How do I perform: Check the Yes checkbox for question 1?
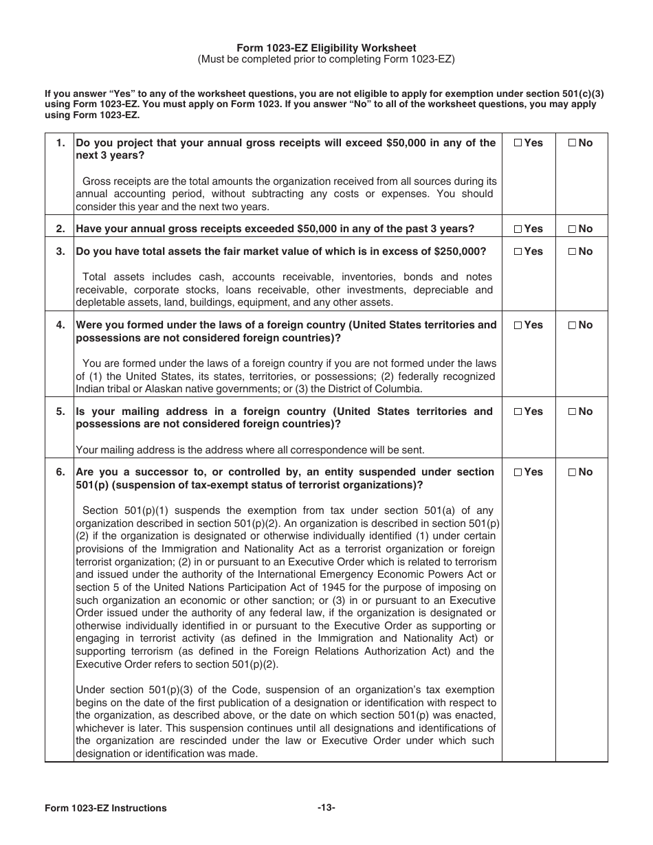click(518, 143)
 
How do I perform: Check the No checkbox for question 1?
click(572, 143)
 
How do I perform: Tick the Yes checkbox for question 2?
click(518, 229)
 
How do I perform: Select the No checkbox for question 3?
click(572, 251)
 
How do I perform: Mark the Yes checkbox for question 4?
click(518, 325)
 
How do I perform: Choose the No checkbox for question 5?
click(572, 412)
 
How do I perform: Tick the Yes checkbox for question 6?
click(518, 472)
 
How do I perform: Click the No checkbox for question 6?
click(572, 472)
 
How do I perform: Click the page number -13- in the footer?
click(326, 808)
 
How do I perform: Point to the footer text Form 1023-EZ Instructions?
click(106, 808)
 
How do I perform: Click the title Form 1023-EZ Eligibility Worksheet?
click(326, 48)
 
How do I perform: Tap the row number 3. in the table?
click(60, 251)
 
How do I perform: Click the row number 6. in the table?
click(60, 472)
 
